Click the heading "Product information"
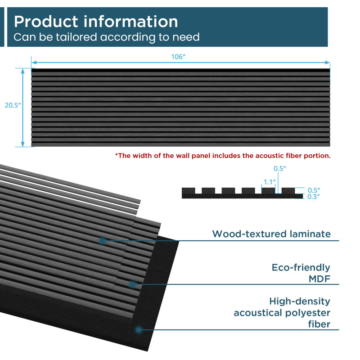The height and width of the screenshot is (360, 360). point(96,22)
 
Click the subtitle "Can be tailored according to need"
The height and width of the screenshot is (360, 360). point(107,37)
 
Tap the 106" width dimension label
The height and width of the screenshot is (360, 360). point(178,57)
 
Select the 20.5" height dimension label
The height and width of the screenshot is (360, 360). point(13,105)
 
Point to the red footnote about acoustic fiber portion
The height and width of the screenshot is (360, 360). point(223,156)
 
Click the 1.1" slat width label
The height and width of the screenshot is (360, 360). point(269,182)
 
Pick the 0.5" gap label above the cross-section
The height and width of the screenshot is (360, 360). point(279,168)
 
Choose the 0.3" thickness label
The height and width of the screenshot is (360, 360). point(313,197)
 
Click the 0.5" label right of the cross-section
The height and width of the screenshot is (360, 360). point(314,190)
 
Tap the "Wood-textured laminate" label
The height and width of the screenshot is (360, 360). point(271,234)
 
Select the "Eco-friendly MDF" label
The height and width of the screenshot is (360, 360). point(301,273)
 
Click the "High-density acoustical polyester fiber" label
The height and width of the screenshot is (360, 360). point(282,313)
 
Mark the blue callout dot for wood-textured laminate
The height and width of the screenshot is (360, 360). point(103,241)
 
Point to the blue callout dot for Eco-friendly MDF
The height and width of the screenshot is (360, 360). point(132,284)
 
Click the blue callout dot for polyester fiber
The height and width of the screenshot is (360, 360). point(138,330)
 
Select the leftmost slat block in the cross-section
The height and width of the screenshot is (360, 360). point(189,190)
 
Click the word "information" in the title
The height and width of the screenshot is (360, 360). point(130,22)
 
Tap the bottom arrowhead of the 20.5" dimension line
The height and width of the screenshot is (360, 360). point(23,144)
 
